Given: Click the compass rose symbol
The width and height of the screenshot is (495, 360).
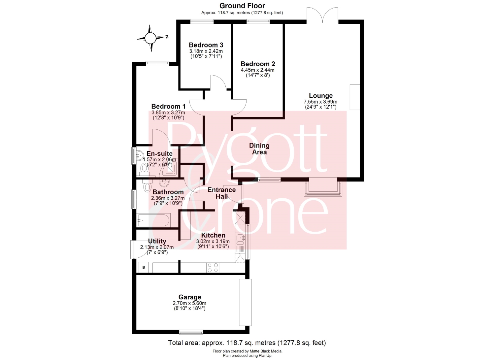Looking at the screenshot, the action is [150, 38].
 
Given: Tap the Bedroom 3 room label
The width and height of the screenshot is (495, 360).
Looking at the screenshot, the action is [206, 45].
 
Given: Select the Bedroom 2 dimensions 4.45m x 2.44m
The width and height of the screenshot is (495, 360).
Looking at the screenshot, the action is [257, 70].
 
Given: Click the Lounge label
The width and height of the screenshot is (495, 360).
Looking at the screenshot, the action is [321, 96].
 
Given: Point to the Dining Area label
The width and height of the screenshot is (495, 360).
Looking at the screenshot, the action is [259, 149].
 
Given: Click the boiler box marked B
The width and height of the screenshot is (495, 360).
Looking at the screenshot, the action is [144, 267].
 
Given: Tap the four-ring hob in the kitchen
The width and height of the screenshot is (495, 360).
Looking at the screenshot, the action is [213, 268].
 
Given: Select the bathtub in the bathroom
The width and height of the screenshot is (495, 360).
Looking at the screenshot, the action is [153, 220].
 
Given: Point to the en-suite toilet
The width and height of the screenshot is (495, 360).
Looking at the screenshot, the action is [145, 170].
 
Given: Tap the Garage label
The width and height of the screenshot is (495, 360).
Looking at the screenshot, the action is [190, 297].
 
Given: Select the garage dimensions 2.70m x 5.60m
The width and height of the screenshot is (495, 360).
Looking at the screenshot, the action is [190, 303].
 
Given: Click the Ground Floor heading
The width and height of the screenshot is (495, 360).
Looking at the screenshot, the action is [242, 6].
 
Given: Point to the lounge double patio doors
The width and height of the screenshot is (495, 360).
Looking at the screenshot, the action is [322, 15].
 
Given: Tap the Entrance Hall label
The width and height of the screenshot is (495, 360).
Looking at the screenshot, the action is [222, 193].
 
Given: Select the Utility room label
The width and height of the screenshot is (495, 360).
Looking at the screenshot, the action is [157, 241].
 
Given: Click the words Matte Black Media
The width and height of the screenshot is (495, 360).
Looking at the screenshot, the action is [266, 351].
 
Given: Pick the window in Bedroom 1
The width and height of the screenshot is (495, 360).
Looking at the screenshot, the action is [157, 64].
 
